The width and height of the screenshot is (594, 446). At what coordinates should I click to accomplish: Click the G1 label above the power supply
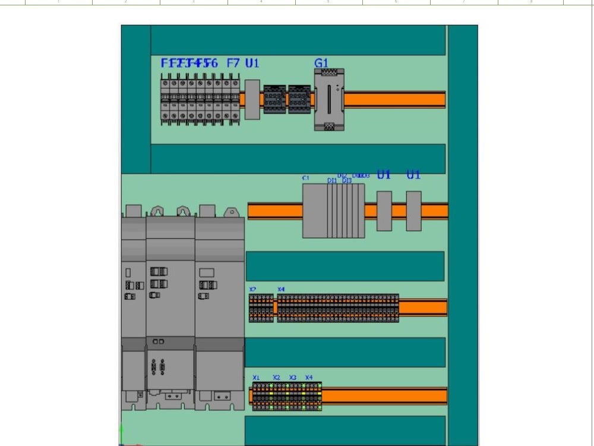321,63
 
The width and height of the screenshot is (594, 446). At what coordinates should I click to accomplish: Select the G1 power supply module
329,99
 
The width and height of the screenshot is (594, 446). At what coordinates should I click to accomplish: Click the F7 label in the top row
233,63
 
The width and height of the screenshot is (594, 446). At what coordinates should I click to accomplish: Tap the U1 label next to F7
252,63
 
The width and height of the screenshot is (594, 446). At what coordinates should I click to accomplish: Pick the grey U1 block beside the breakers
252,99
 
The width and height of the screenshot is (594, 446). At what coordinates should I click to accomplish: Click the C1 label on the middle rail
306,178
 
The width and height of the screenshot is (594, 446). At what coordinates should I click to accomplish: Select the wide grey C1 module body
315,211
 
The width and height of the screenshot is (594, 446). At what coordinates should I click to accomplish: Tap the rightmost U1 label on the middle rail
413,175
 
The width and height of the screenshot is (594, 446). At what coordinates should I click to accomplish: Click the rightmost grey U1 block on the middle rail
413,211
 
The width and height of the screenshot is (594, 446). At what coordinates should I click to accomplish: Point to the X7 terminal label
252,290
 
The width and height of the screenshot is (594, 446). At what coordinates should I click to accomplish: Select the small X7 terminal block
261,308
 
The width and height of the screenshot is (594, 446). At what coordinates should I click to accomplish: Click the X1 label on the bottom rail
256,378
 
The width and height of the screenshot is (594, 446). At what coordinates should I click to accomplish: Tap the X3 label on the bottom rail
293,378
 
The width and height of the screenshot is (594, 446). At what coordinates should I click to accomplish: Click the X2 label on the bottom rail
276,378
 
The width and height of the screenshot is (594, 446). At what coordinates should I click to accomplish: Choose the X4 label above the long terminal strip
281,290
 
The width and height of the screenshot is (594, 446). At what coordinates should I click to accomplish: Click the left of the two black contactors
274,99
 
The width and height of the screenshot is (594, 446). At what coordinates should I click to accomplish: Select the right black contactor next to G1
299,99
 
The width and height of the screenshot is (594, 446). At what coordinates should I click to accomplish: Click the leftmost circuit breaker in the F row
165,99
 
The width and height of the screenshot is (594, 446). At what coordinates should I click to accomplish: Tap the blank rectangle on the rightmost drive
207,272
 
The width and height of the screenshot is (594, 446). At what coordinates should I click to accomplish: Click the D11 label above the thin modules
332,181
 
